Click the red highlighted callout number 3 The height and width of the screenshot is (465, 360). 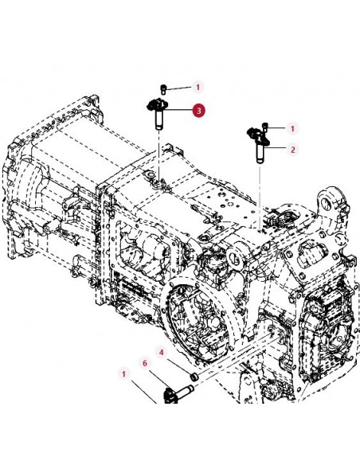click(198, 111)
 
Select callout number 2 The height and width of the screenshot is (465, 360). click(292, 149)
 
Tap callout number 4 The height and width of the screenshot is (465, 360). click(162, 352)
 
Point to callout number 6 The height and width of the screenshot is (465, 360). click(145, 363)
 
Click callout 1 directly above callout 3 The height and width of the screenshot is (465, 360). click(198, 88)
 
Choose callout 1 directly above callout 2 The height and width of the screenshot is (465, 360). click(292, 129)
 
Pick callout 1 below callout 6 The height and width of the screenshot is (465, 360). click(123, 373)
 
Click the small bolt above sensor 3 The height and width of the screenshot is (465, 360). click(163, 89)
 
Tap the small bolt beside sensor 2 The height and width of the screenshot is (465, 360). click(265, 128)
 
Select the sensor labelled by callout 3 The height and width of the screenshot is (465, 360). click(158, 114)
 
